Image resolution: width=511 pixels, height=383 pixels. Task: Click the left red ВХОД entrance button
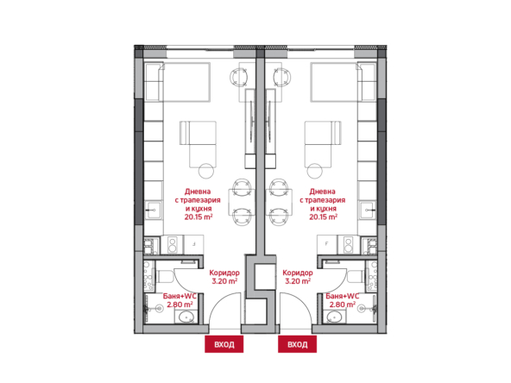(x=224, y=344)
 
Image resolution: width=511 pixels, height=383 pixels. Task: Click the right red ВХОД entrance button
(x=297, y=344)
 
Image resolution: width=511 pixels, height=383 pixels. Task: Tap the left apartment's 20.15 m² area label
(x=199, y=217)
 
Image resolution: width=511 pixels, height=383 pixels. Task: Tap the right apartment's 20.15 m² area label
(x=324, y=217)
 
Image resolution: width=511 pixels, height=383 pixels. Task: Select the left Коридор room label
(x=224, y=273)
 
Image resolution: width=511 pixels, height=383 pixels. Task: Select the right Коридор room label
(x=298, y=273)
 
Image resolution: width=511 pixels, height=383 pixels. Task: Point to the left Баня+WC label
(x=180, y=296)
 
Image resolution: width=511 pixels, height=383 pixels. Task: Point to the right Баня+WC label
(x=343, y=296)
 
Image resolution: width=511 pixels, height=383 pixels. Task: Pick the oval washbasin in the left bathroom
(x=186, y=317)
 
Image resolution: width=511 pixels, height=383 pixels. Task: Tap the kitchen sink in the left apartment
(x=153, y=210)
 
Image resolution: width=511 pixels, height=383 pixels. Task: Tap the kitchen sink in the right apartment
(x=369, y=210)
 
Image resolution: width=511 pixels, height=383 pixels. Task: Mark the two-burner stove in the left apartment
(x=172, y=245)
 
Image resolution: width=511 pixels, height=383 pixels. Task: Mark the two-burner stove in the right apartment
(x=349, y=245)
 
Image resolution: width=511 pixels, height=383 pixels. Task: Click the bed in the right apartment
(x=336, y=82)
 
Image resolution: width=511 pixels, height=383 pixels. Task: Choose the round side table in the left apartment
(x=206, y=171)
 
